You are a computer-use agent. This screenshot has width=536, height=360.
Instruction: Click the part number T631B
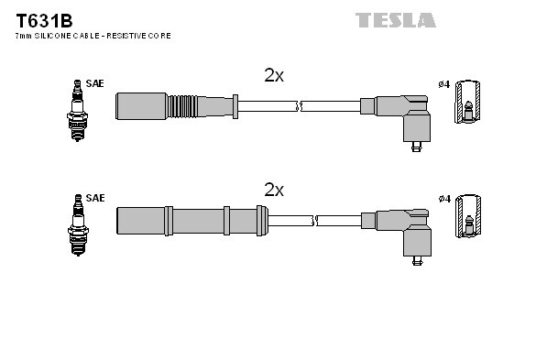40,19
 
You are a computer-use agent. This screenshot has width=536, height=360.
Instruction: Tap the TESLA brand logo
395,19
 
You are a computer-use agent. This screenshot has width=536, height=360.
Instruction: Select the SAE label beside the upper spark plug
94,83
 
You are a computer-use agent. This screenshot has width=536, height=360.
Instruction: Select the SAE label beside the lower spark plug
94,198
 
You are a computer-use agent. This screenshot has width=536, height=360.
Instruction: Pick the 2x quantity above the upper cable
274,76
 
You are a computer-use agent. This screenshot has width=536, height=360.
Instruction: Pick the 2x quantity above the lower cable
274,190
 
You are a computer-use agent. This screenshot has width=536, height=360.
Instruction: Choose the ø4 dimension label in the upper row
443,84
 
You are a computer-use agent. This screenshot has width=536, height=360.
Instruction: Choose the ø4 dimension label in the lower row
443,199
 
